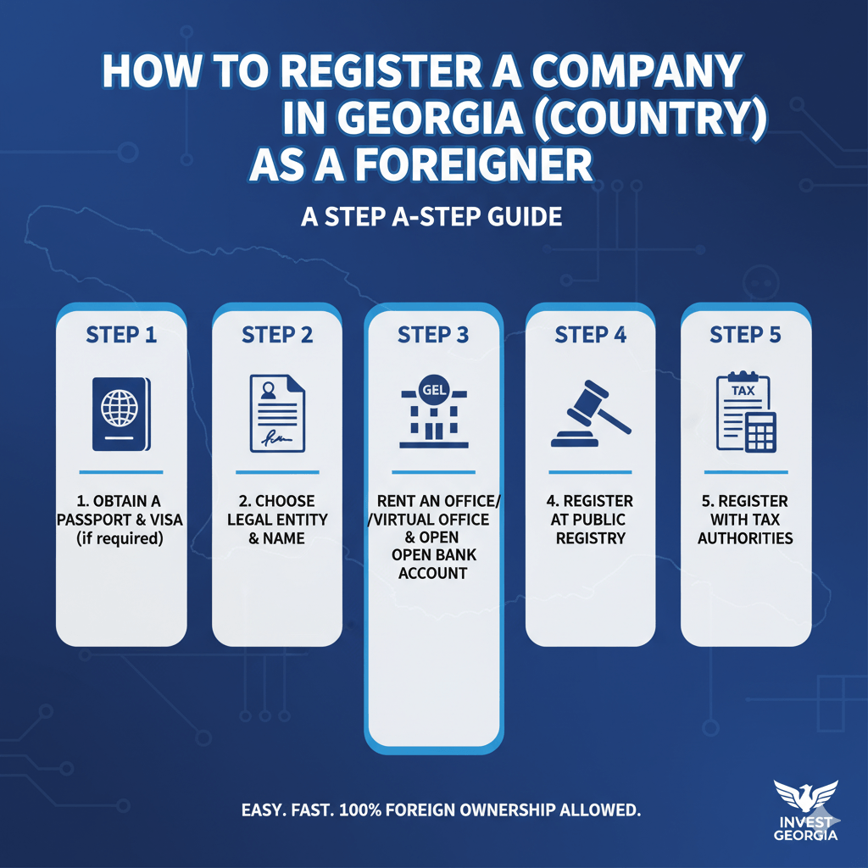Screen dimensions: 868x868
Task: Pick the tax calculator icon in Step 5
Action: pyautogui.click(x=746, y=413)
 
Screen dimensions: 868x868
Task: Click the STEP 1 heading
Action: pyautogui.click(x=121, y=335)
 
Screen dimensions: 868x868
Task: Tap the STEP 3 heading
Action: pyautogui.click(x=433, y=335)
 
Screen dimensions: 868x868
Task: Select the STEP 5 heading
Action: pyautogui.click(x=746, y=335)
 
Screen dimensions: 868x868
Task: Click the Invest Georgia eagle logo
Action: pyautogui.click(x=805, y=798)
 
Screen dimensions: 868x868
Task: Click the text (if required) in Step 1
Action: pyautogui.click(x=121, y=537)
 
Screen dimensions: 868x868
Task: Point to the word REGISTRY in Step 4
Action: pyautogui.click(x=590, y=537)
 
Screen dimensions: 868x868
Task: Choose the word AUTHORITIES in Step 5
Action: pyautogui.click(x=746, y=537)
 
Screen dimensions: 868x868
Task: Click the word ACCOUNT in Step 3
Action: pyautogui.click(x=433, y=573)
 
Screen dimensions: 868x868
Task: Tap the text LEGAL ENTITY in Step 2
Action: pyautogui.click(x=277, y=519)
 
